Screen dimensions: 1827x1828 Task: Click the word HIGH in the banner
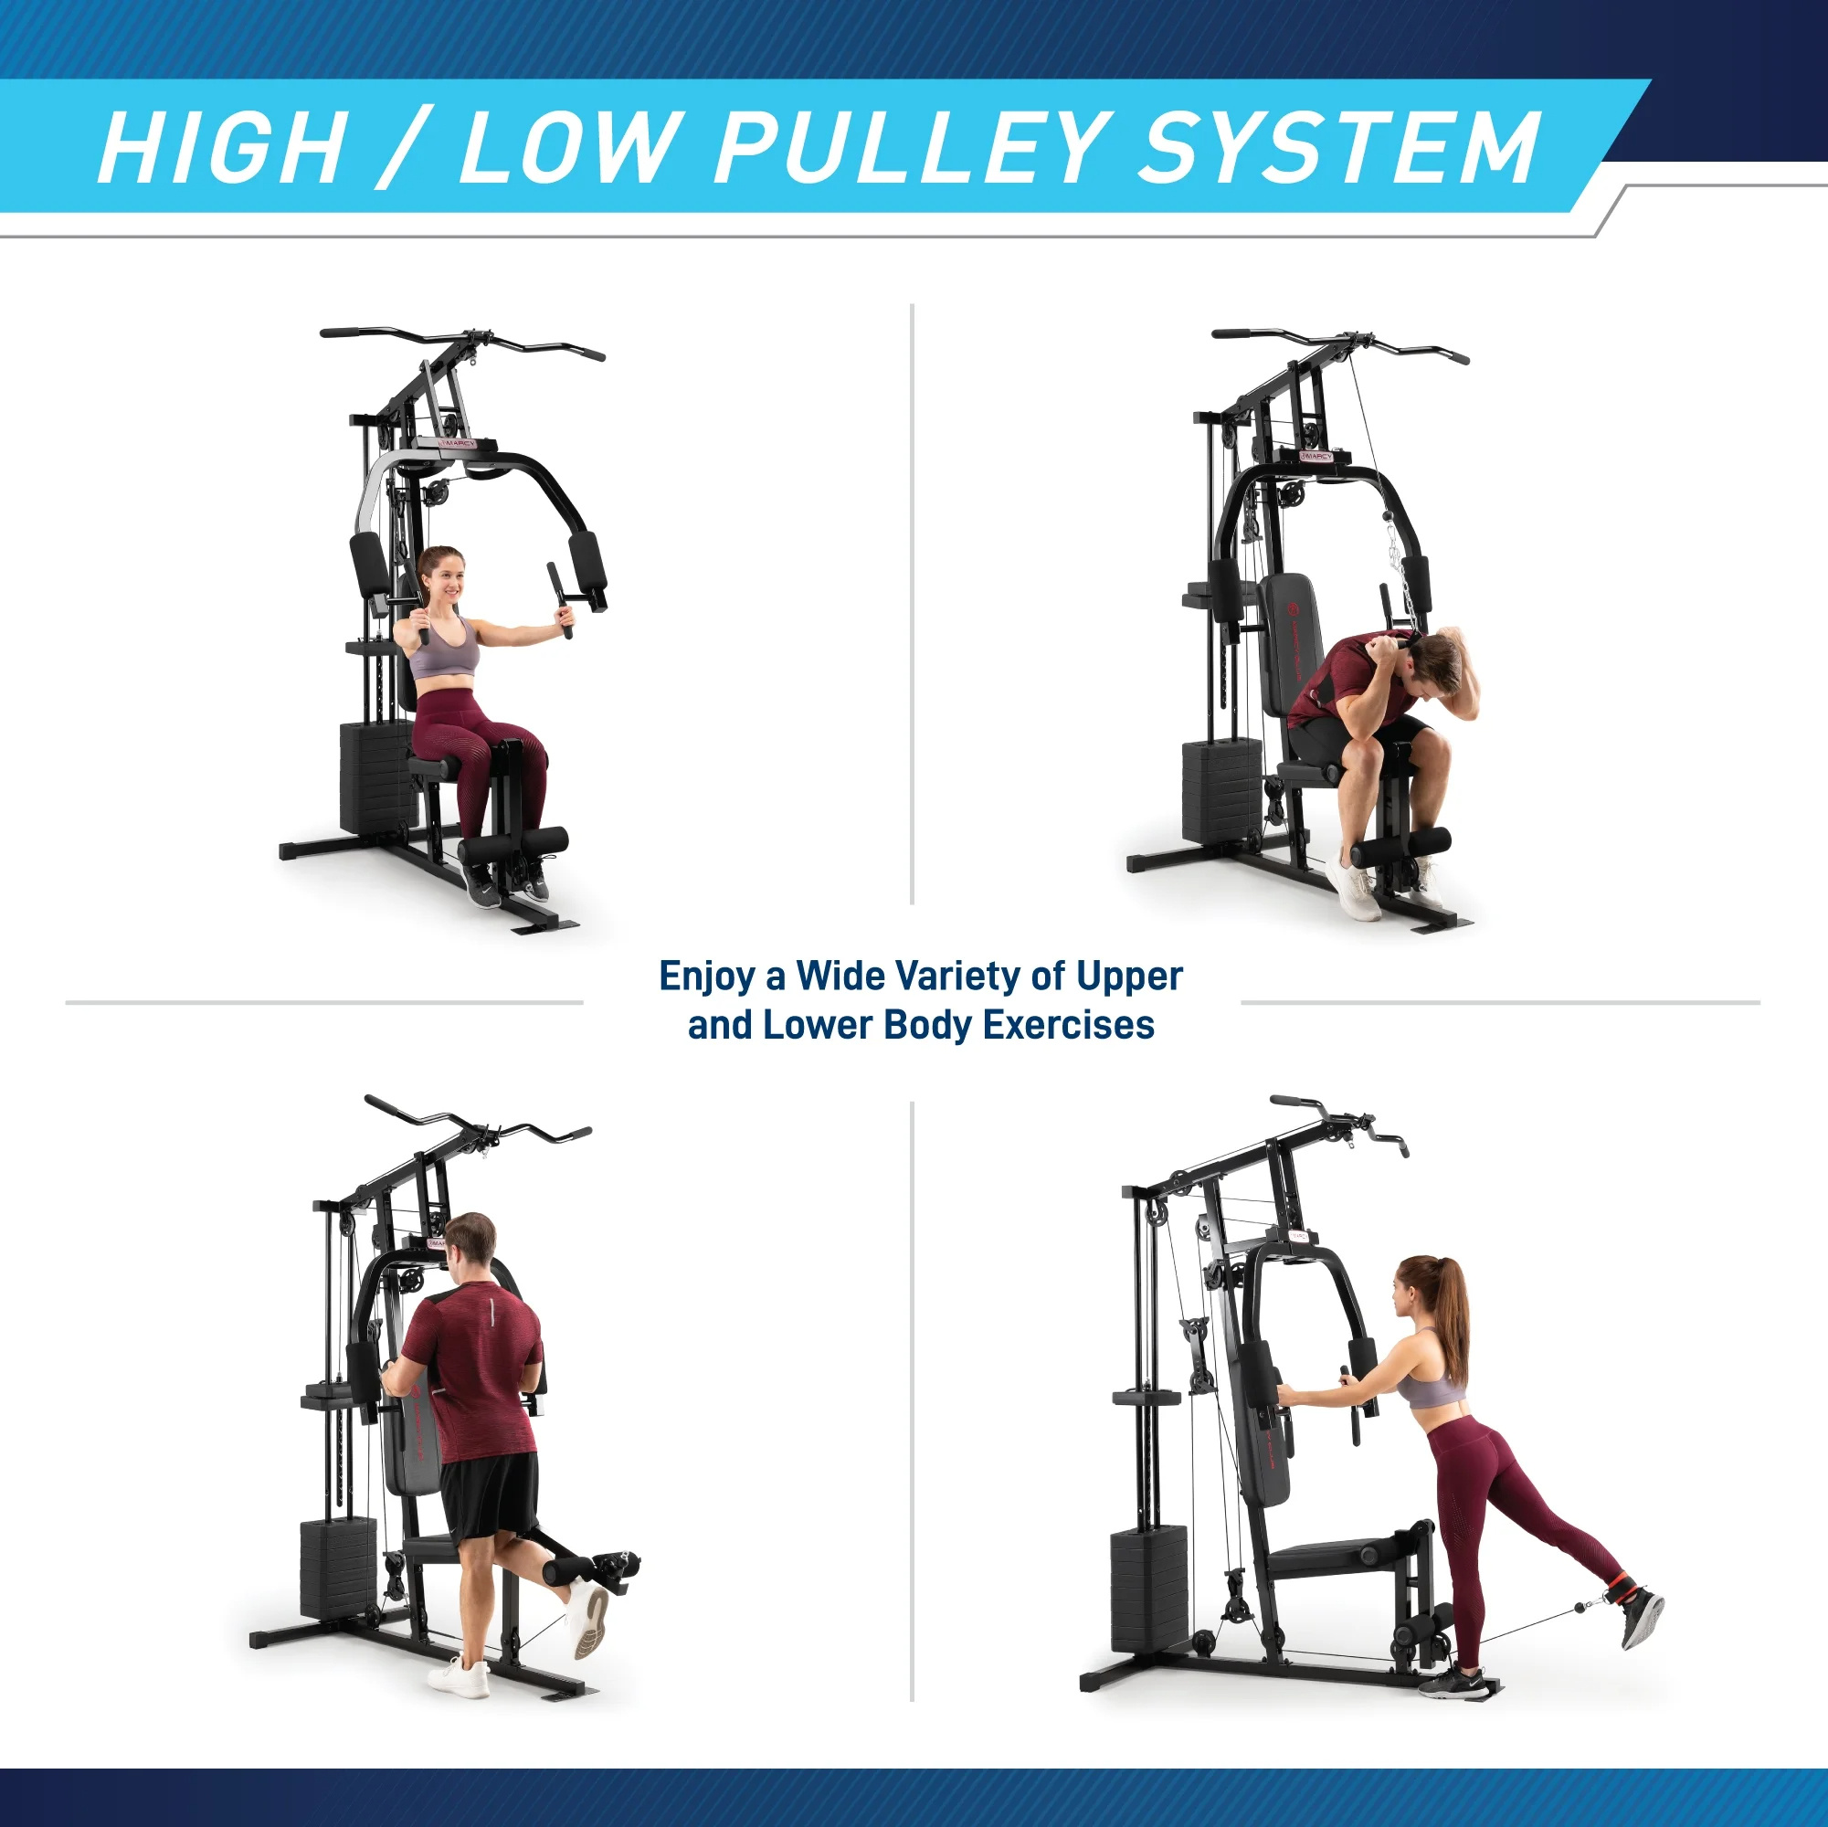pyautogui.click(x=221, y=148)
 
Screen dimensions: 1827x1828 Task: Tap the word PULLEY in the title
pyautogui.click(x=908, y=148)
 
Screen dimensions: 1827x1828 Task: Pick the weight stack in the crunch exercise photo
pyautogui.click(x=1220, y=791)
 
